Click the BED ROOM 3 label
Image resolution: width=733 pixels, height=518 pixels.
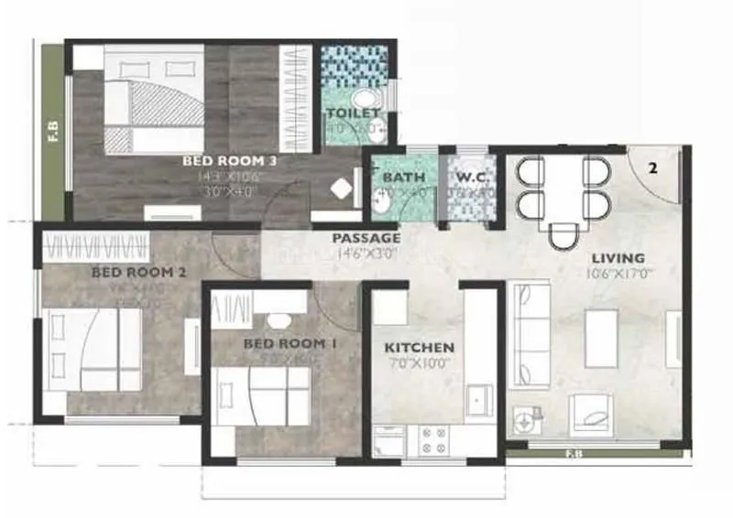pyautogui.click(x=230, y=160)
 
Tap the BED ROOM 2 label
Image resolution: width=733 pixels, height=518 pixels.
pyautogui.click(x=139, y=272)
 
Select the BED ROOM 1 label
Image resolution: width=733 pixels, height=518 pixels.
pyautogui.click(x=284, y=343)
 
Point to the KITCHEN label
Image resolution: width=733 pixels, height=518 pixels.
pyautogui.click(x=419, y=348)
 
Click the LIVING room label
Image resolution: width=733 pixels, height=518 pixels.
pyautogui.click(x=618, y=258)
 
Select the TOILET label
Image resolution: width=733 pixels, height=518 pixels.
pyautogui.click(x=353, y=113)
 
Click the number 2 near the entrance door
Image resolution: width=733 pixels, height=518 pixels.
pyautogui.click(x=652, y=168)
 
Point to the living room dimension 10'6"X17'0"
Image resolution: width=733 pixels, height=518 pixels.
pyautogui.click(x=621, y=273)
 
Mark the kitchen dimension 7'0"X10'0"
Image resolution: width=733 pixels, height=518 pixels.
pyautogui.click(x=419, y=363)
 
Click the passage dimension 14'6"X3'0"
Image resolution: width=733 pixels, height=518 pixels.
pyautogui.click(x=366, y=253)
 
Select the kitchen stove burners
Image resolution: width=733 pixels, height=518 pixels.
pyautogui.click(x=432, y=439)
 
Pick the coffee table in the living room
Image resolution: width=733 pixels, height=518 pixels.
pyautogui.click(x=599, y=328)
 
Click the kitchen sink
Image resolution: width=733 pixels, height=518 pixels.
pyautogui.click(x=476, y=400)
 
